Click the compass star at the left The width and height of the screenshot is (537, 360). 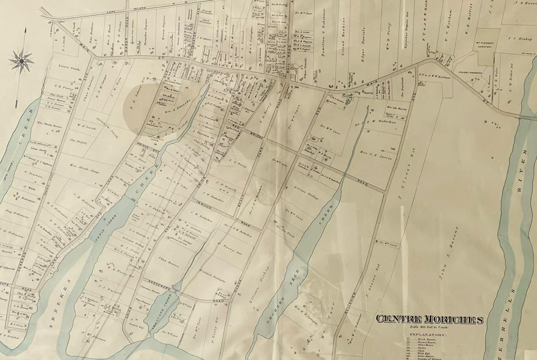(x=21, y=61)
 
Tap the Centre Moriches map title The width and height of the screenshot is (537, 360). (x=429, y=320)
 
